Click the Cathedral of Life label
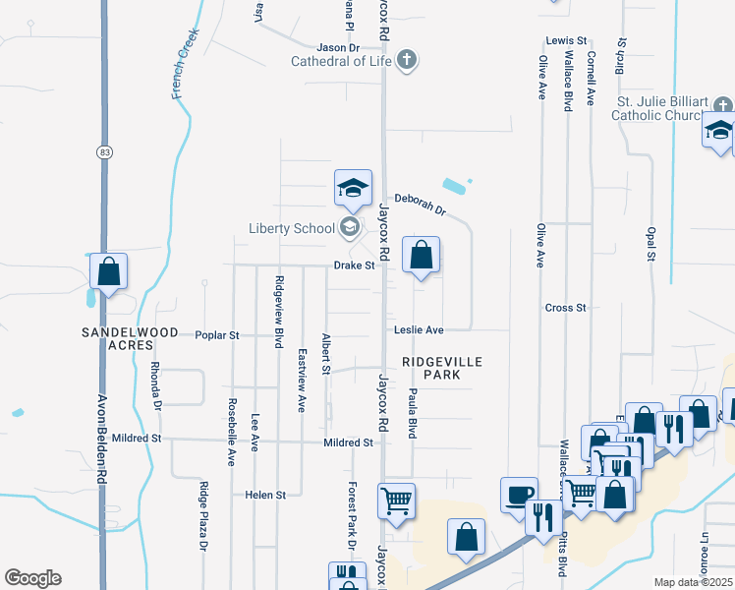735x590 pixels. pyautogui.click(x=341, y=61)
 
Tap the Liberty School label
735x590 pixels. pyautogui.click(x=291, y=229)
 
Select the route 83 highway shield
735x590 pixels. pyautogui.click(x=104, y=151)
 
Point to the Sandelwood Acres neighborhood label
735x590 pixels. pyautogui.click(x=130, y=339)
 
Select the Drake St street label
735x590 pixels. pyautogui.click(x=355, y=265)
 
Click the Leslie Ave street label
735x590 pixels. pyautogui.click(x=420, y=329)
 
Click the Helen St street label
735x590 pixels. pyautogui.click(x=265, y=495)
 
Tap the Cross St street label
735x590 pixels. pyautogui.click(x=565, y=308)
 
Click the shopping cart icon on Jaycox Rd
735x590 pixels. pyautogui.click(x=396, y=501)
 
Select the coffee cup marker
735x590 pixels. pyautogui.click(x=519, y=494)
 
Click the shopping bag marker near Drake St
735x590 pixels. pyautogui.click(x=422, y=256)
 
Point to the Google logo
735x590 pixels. pyautogui.click(x=32, y=578)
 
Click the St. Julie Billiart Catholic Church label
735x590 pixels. pyautogui.click(x=668, y=108)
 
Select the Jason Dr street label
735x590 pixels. pyautogui.click(x=338, y=47)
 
